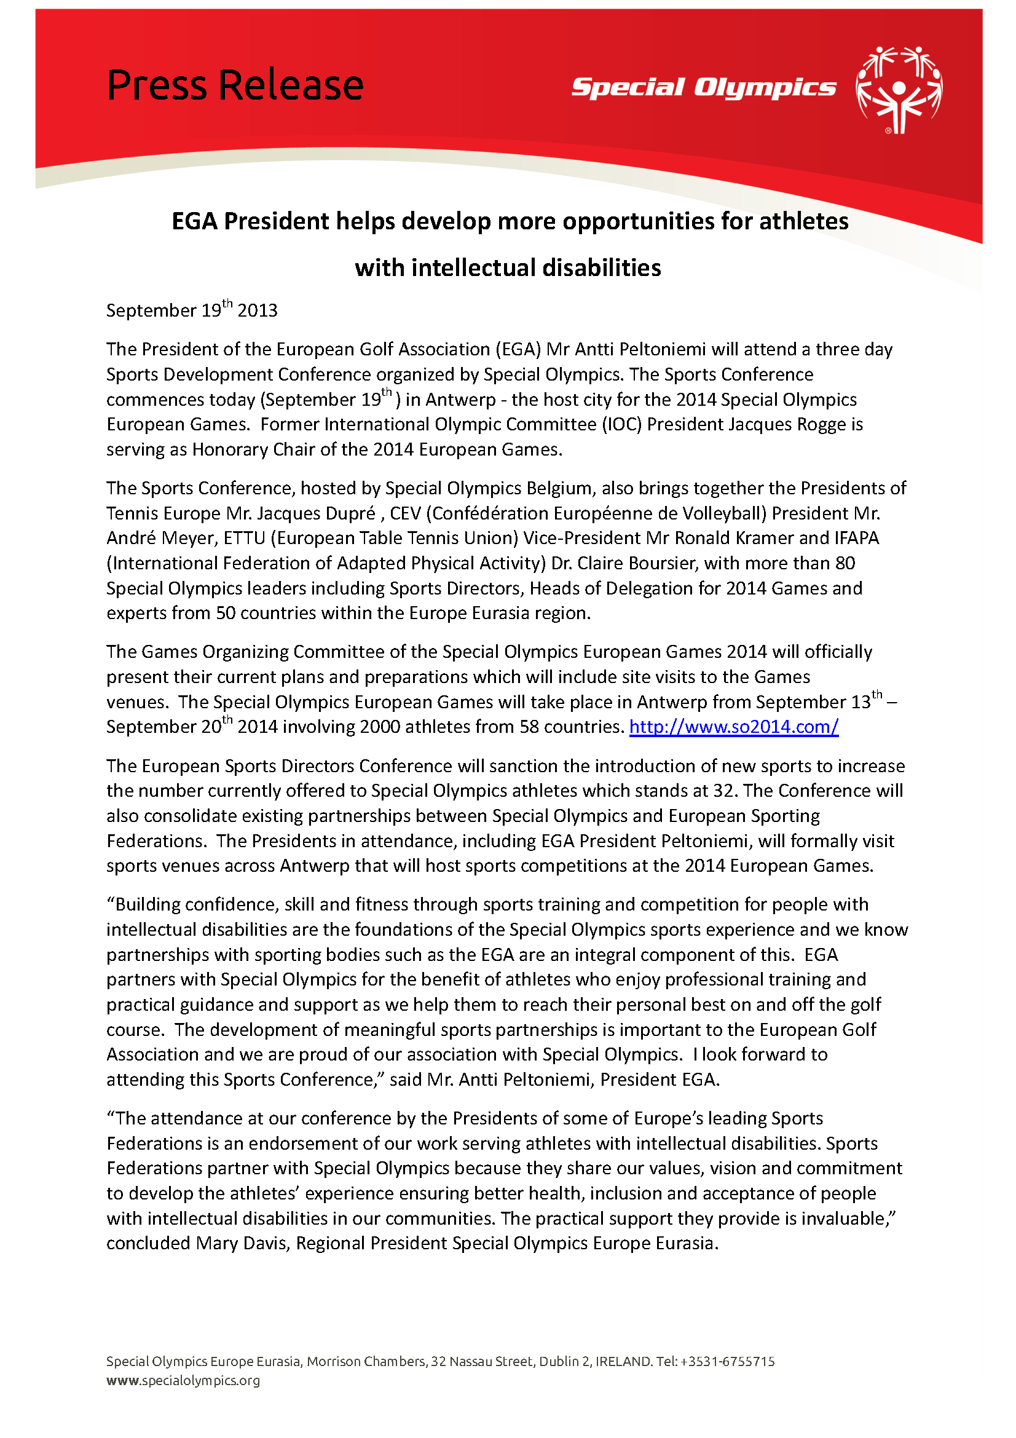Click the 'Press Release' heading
click(235, 85)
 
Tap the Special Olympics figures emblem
click(899, 90)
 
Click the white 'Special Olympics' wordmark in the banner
click(703, 88)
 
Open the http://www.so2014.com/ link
click(733, 727)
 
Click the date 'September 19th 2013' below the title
click(192, 310)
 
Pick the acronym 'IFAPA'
click(856, 538)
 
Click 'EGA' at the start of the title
click(195, 222)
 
